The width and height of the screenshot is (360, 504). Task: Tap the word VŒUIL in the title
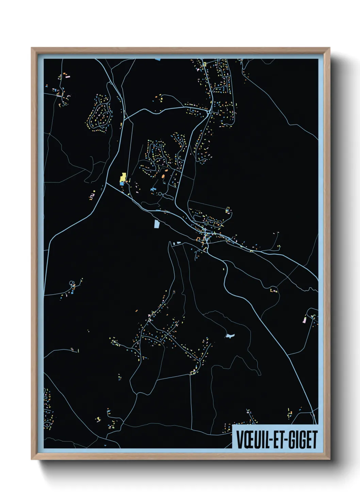250,440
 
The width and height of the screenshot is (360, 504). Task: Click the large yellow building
123,177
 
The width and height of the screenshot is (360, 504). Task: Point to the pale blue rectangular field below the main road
157,224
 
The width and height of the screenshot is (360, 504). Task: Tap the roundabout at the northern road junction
208,111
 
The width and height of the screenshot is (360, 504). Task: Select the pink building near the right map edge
305,320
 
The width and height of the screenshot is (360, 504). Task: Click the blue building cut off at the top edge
158,59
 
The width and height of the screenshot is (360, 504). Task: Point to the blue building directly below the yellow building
122,184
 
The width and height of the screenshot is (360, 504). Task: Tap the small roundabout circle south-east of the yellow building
160,194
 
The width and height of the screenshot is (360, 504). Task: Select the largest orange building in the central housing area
163,176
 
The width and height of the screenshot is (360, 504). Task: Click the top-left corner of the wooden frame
32,48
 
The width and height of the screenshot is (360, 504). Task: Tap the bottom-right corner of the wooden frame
329,459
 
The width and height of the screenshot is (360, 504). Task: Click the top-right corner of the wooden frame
329,48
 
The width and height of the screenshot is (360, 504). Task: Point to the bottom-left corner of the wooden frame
32,459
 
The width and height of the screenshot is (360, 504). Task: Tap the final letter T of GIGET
314,440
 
